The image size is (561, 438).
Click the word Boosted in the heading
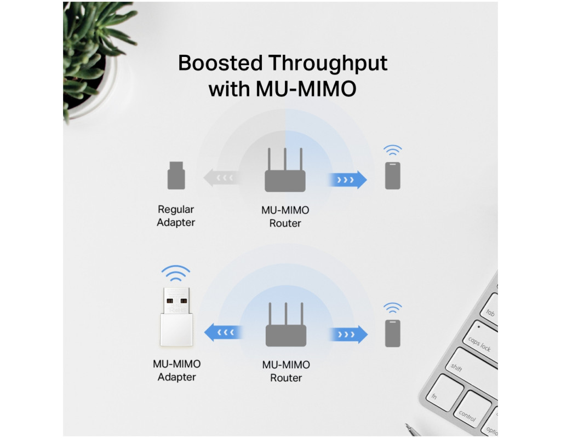click(x=220, y=64)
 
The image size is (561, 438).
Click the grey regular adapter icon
click(x=176, y=176)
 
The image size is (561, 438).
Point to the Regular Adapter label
click(x=176, y=216)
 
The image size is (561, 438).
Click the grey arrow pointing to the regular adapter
click(x=220, y=178)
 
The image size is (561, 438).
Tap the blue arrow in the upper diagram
click(x=347, y=180)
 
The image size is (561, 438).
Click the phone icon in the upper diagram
click(x=392, y=176)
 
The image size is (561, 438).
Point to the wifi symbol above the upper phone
click(x=392, y=150)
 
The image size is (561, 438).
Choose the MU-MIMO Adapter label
click(x=176, y=371)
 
